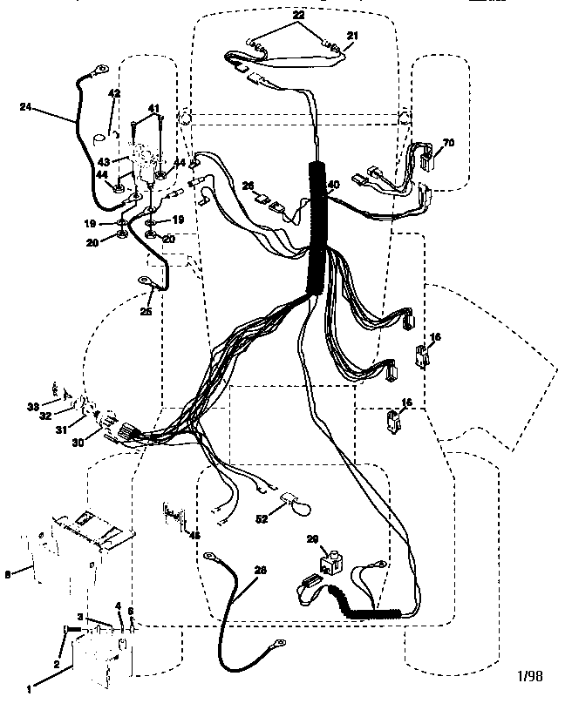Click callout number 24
(25, 108)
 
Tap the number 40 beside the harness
(332, 184)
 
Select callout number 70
(449, 141)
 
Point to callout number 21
(352, 36)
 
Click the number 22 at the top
(297, 15)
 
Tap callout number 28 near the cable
(260, 571)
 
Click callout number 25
(146, 310)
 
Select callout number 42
(114, 93)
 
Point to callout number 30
(78, 442)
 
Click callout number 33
(32, 406)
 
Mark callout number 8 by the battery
(8, 573)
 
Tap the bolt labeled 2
(73, 629)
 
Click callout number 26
(248, 186)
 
